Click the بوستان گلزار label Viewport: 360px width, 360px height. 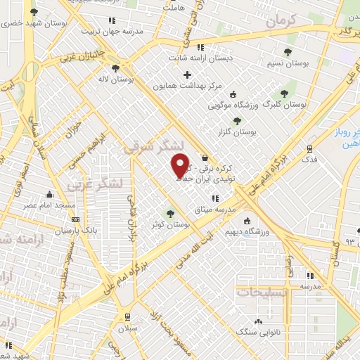(x=254, y=131)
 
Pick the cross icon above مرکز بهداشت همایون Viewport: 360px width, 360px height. (x=186, y=75)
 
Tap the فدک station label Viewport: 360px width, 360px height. (x=309, y=160)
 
